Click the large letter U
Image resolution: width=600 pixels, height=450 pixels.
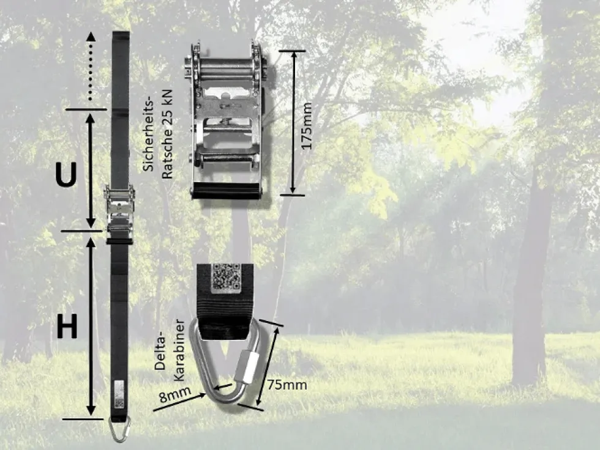66,174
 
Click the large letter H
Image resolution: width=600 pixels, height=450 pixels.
67,326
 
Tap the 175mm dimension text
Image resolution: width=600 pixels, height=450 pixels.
307,126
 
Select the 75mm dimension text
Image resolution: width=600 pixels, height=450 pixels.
287,385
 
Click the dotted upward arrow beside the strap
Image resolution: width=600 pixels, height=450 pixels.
91,66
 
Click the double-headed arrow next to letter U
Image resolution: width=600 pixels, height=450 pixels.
91,170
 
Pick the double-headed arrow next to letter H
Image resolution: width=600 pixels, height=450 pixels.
91,326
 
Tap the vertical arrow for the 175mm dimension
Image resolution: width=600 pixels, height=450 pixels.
293,123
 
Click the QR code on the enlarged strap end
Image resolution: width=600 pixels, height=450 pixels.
226,276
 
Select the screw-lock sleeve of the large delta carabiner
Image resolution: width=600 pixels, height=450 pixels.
247,368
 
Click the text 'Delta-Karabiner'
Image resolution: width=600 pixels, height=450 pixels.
170,350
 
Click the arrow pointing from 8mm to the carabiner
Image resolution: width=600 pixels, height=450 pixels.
179,403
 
